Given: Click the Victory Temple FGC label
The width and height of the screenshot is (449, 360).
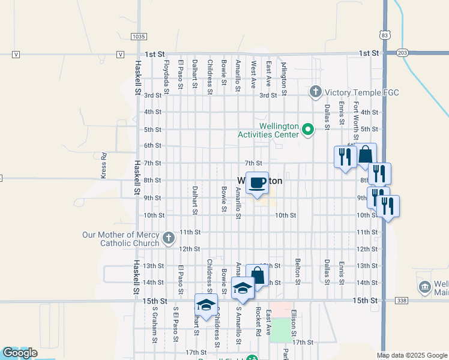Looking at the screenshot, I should pos(362,92).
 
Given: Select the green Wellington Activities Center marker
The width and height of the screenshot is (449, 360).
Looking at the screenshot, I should pos(308,129).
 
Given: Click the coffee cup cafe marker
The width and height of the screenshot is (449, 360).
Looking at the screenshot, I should pos(257,183).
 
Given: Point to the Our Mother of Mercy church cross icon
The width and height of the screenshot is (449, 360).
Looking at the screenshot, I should pos(169,238).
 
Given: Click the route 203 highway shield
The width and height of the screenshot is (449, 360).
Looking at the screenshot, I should pos(403,53).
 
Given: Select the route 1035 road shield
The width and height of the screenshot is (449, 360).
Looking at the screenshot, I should pos(138,37).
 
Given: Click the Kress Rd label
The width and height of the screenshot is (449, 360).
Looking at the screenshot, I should pos(103,165).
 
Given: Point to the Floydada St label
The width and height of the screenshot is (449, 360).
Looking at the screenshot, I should pos(166,76).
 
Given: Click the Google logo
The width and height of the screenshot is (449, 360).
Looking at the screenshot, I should pos(20,353).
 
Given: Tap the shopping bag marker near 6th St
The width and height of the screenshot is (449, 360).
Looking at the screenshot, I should pos(366,155).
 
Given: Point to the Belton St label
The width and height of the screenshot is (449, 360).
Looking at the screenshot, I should pos(297,271).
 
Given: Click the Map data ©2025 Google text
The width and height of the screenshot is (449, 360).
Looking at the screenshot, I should pos(412,355).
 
